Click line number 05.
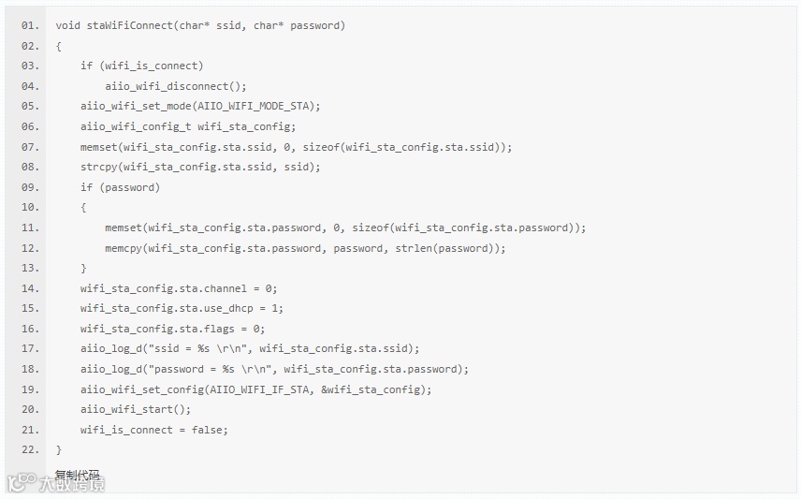(30, 106)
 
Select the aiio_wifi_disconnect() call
(176, 86)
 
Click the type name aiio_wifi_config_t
(136, 126)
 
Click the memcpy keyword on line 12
(124, 248)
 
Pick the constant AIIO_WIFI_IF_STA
(263, 389)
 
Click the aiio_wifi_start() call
(135, 409)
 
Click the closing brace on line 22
(58, 450)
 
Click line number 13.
(30, 268)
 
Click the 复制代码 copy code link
(77, 475)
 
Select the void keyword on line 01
(67, 25)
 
